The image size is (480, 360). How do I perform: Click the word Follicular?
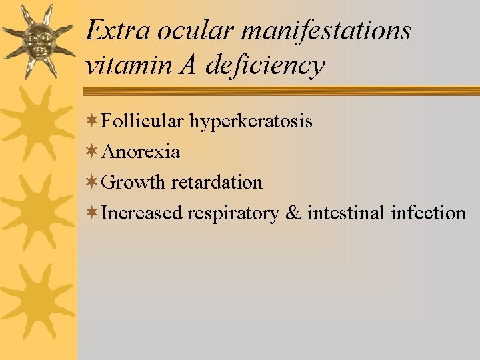tap(143, 121)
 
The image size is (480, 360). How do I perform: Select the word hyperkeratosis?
tap(251, 121)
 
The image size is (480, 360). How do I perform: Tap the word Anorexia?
tap(141, 152)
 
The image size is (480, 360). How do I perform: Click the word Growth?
tap(135, 182)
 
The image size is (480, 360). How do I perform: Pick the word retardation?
tap(217, 182)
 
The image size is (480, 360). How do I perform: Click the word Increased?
tap(142, 213)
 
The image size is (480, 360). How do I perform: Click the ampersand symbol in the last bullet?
tap(293, 213)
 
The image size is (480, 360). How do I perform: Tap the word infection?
tap(428, 213)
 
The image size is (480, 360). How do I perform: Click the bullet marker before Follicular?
tap(93, 121)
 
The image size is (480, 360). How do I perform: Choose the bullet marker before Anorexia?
tap(93, 152)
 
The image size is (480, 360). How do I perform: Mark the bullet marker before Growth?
tap(93, 182)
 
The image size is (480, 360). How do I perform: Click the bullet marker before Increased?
tap(93, 213)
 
